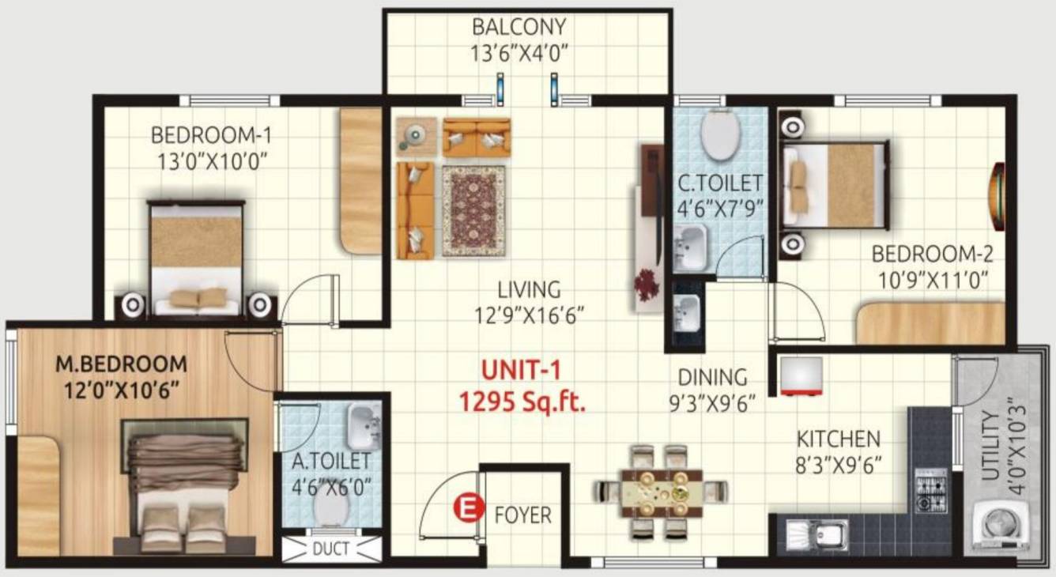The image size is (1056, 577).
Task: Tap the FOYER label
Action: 522,515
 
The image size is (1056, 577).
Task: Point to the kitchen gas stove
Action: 930,490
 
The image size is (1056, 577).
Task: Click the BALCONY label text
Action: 519,28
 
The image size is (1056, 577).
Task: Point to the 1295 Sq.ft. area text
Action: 522,403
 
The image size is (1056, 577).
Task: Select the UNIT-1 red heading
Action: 522,370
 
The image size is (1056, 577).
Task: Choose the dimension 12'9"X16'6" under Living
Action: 519,315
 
